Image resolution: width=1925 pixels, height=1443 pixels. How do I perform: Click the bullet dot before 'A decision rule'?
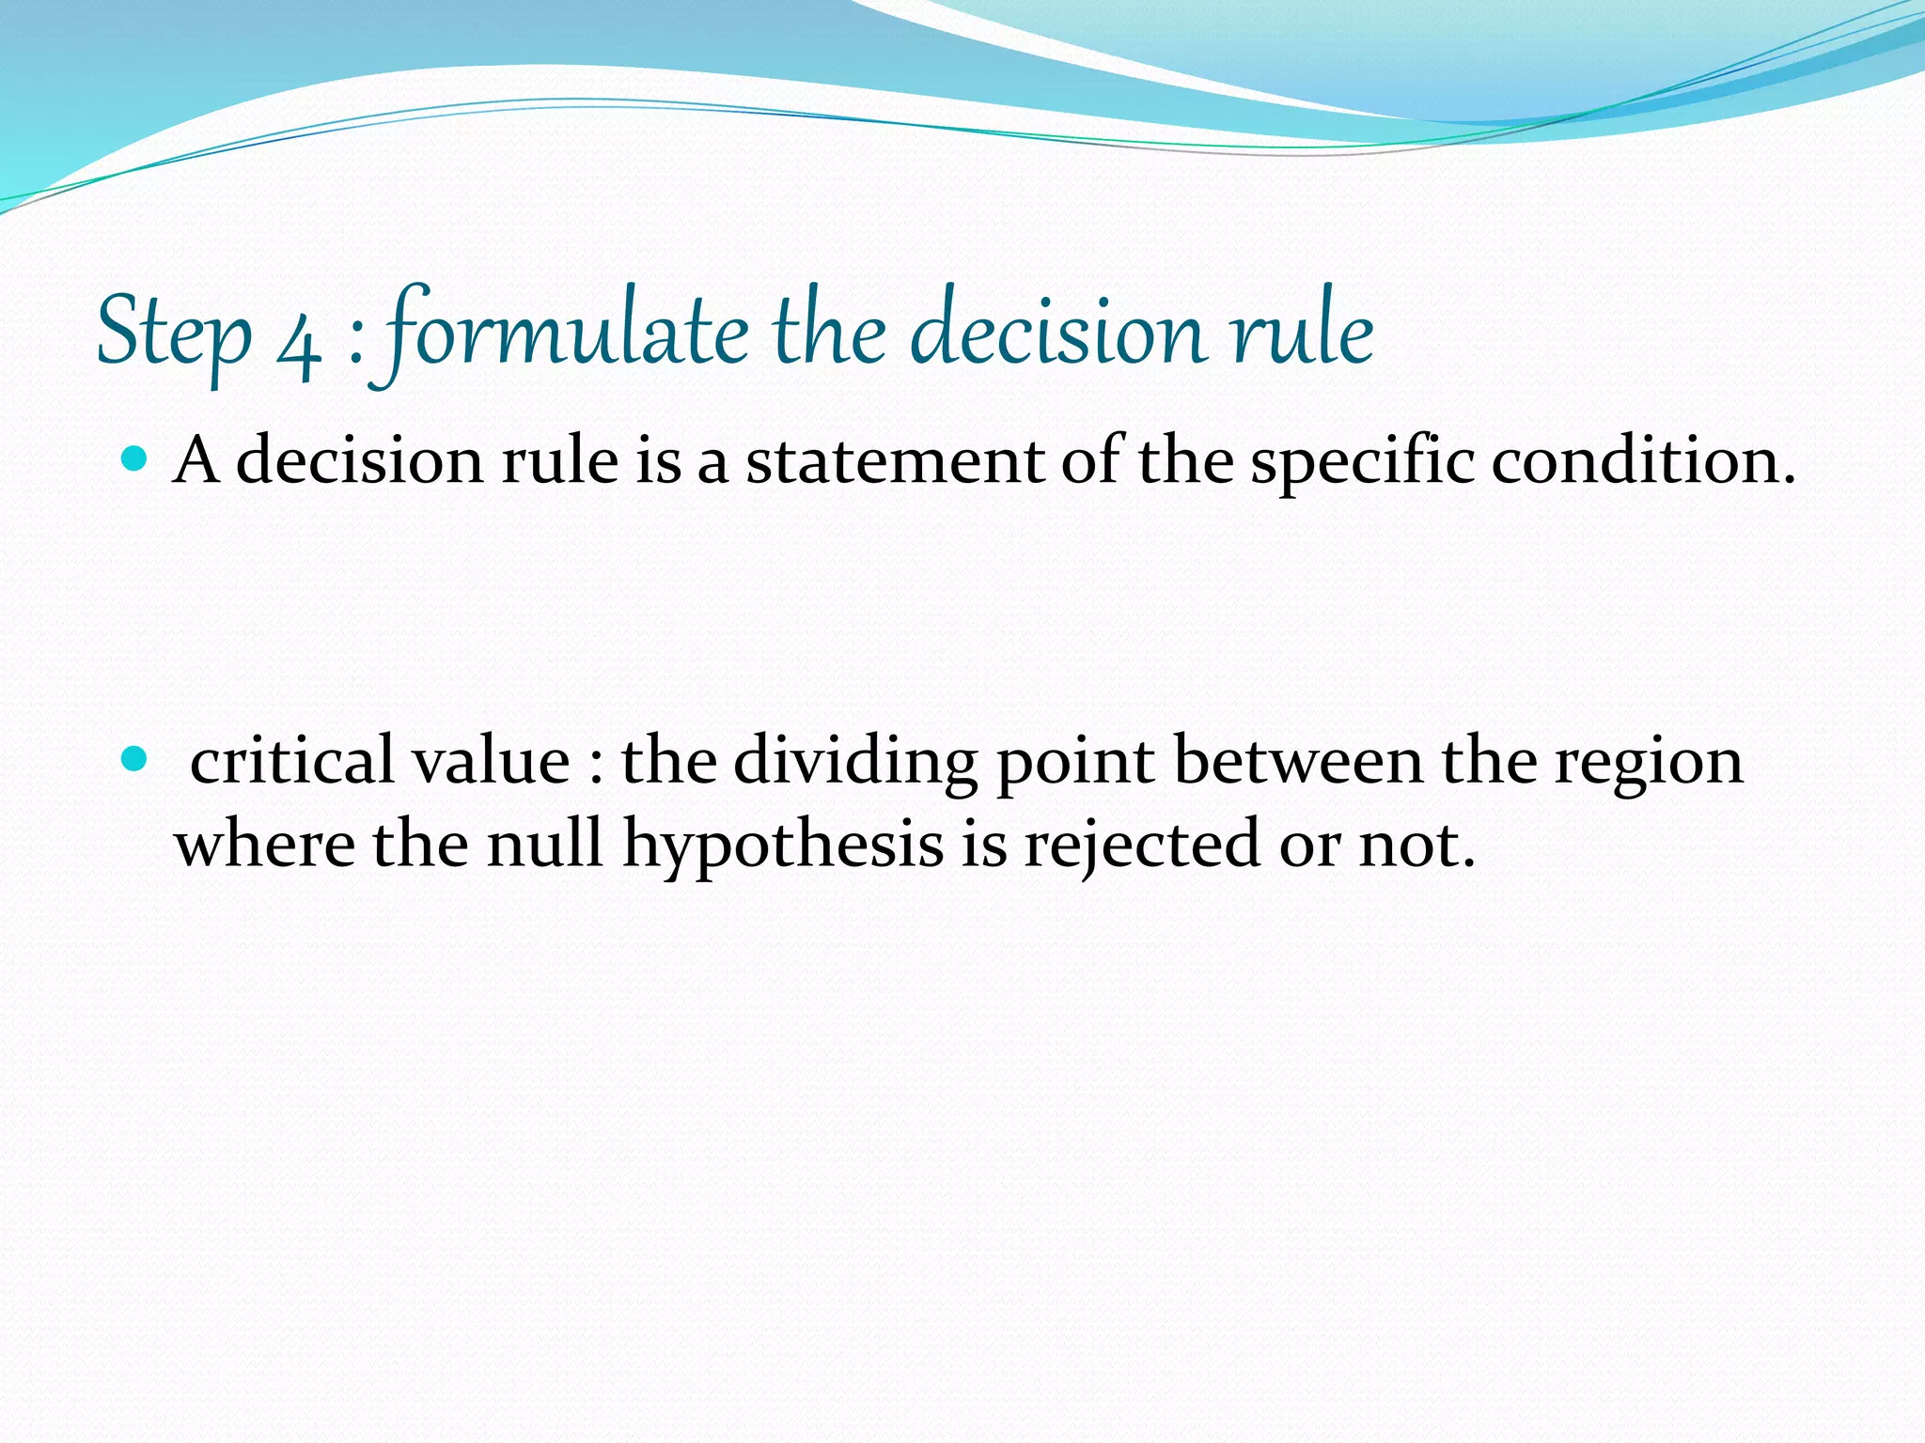pyautogui.click(x=136, y=459)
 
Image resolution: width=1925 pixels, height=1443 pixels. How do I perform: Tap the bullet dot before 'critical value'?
pyautogui.click(x=136, y=757)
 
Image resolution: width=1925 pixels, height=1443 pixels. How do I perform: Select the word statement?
pyautogui.click(x=894, y=462)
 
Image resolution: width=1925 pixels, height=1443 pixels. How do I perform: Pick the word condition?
pyautogui.click(x=1643, y=462)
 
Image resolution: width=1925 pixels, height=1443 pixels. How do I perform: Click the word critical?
pyautogui.click(x=291, y=760)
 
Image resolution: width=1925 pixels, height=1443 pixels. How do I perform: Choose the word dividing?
pyautogui.click(x=854, y=762)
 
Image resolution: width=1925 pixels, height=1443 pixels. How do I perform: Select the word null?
pyautogui.click(x=544, y=843)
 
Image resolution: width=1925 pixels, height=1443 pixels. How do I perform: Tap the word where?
pyautogui.click(x=264, y=843)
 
